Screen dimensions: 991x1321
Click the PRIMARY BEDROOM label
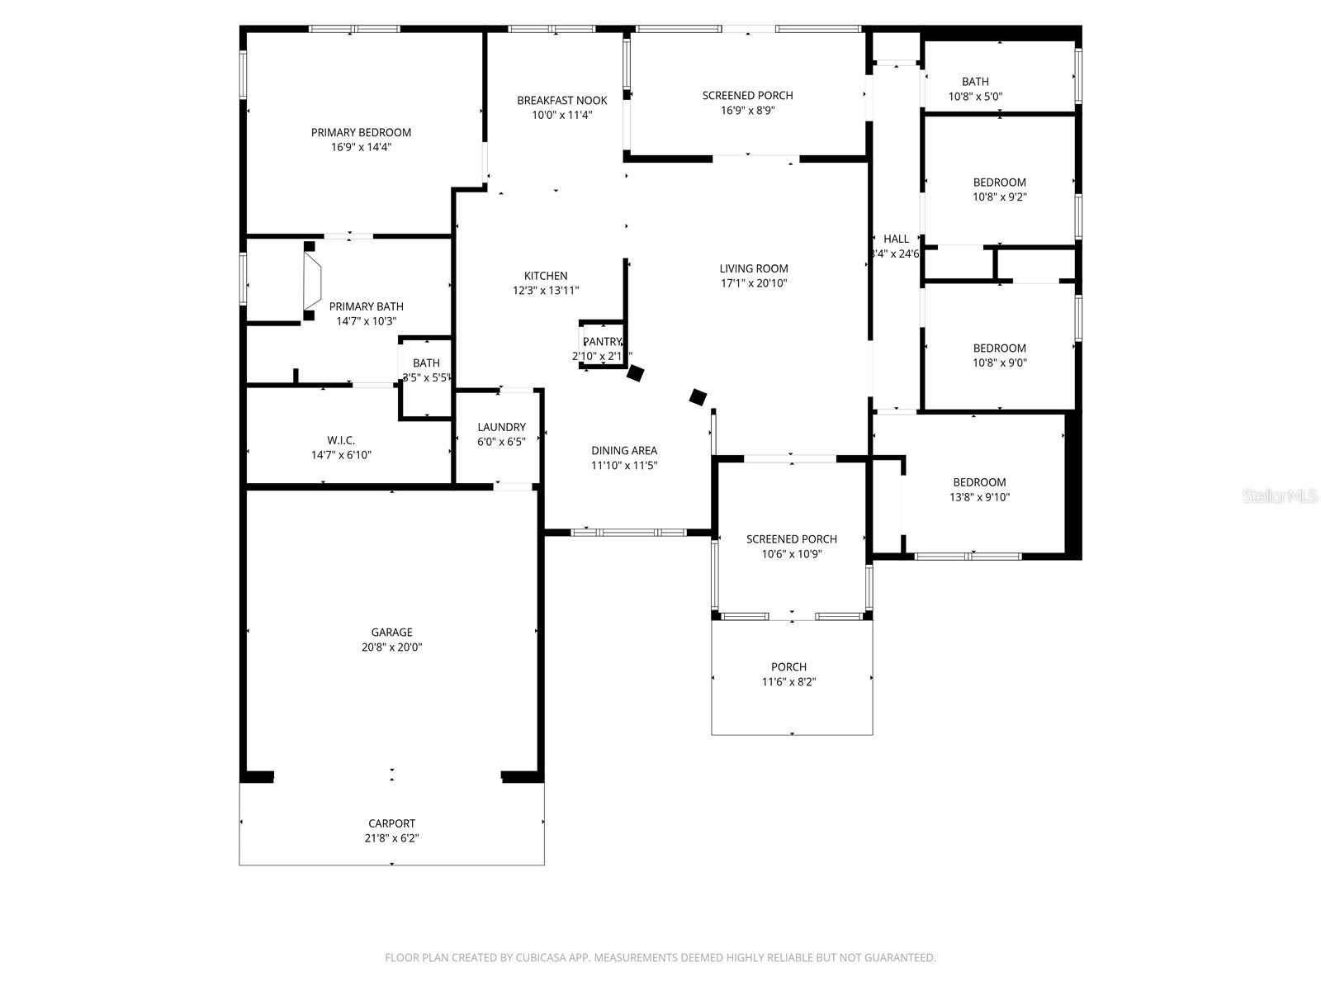361,132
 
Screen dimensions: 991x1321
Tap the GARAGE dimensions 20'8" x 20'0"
391,647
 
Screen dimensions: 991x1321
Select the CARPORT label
391,823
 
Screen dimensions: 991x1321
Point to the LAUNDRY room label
501,427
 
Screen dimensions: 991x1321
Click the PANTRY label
602,342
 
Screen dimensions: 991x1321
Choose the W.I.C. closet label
341,440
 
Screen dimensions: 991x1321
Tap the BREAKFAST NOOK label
561,101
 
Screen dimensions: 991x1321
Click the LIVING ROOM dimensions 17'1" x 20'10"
754,283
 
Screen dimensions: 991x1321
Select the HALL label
896,239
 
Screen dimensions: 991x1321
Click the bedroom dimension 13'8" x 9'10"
979,497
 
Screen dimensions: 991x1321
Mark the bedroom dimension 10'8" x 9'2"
999,197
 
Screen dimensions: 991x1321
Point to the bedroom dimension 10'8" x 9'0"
999,363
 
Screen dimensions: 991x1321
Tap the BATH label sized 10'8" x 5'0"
975,82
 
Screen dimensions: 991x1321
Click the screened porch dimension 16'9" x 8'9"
747,110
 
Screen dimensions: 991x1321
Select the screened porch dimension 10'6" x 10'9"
791,554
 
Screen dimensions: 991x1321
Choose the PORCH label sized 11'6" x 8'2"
788,667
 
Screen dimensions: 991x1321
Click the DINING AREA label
624,451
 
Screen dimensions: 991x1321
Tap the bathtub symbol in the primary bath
312,281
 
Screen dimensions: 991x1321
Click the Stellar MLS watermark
1280,495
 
